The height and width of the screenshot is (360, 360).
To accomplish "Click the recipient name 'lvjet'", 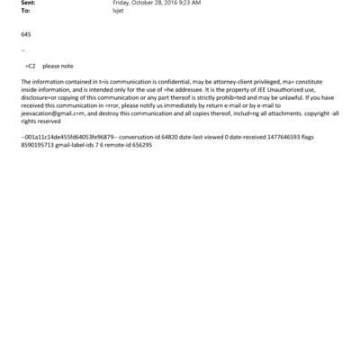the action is pyautogui.click(x=117, y=11).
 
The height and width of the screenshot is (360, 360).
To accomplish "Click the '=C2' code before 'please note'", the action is pyautogui.click(x=30, y=67).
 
